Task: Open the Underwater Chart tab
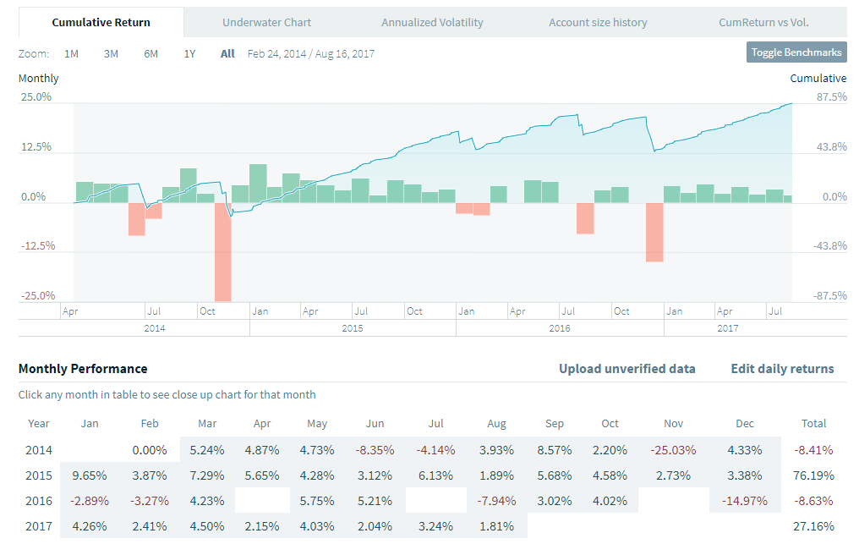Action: click(x=266, y=22)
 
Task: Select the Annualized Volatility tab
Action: click(x=432, y=22)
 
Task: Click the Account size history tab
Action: click(x=598, y=22)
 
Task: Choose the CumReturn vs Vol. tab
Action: click(x=763, y=22)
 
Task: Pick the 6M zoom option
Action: click(x=150, y=53)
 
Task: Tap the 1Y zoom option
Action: click(x=190, y=53)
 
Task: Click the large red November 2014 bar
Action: click(x=223, y=252)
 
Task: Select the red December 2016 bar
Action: click(x=654, y=232)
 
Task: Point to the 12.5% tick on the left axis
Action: click(x=36, y=146)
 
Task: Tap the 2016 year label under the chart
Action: click(x=560, y=328)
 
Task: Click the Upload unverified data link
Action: click(x=626, y=369)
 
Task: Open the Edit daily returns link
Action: click(x=782, y=369)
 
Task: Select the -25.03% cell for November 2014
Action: click(x=673, y=449)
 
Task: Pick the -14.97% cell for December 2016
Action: click(x=745, y=500)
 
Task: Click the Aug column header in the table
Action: click(x=496, y=423)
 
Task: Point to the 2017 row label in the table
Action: click(x=39, y=525)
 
